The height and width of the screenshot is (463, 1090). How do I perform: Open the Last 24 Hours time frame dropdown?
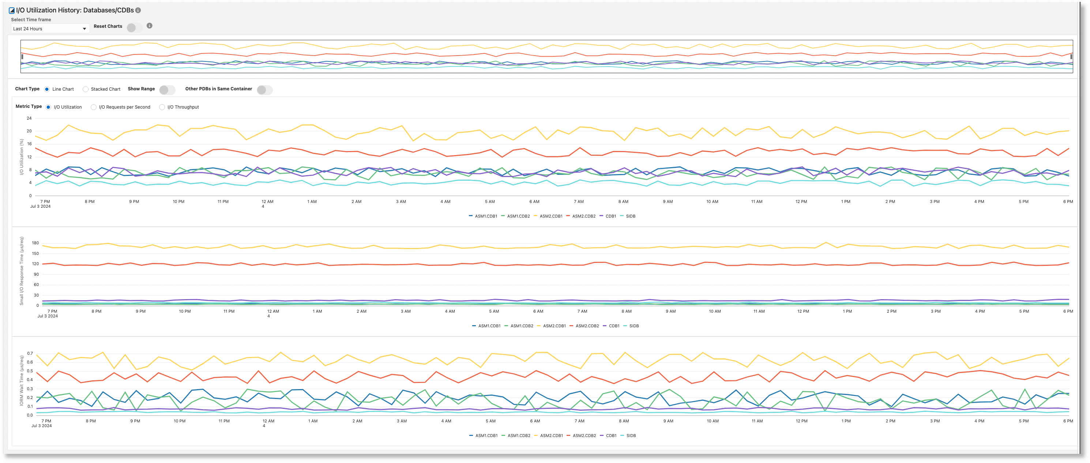50,29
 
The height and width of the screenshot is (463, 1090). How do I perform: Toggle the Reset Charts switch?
134,27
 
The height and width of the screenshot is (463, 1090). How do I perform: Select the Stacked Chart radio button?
86,89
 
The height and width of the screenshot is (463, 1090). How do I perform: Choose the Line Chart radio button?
47,89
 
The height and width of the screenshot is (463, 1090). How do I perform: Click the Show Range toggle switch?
167,90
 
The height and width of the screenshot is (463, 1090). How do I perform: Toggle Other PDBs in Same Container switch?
264,90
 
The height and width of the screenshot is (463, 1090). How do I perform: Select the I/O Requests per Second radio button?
94,107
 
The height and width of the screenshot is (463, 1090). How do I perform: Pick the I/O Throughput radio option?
162,107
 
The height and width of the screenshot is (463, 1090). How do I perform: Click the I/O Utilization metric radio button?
48,107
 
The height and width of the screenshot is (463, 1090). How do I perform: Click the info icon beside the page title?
138,10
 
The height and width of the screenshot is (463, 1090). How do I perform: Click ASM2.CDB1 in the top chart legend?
550,216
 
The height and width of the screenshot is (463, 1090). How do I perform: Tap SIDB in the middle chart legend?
634,326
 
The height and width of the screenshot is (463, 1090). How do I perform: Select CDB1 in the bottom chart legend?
610,436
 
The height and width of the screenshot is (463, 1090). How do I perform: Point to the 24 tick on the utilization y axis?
29,118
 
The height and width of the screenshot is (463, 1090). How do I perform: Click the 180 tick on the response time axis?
35,243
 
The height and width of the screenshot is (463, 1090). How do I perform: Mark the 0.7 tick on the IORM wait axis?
30,353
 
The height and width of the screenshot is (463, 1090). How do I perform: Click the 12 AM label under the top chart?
267,202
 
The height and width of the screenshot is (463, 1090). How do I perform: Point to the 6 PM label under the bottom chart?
1068,421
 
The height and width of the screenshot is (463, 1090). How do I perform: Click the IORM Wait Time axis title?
22,380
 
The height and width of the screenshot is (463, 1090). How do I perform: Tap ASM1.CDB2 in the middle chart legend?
521,326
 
